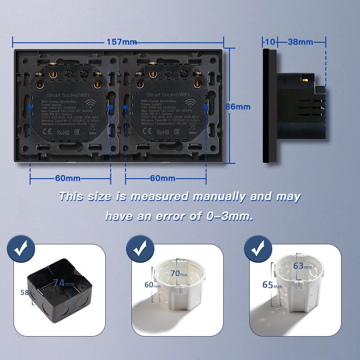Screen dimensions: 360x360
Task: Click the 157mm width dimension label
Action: pos(121,42)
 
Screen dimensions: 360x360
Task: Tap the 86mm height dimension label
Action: pos(238,107)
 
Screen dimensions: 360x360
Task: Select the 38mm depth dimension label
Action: pos(300,42)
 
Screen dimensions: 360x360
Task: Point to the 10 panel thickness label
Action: pos(270,42)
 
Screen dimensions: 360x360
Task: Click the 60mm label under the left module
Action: pos(67,178)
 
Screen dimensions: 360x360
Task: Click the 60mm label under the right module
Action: pos(163,178)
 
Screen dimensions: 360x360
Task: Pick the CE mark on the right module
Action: pos(147,132)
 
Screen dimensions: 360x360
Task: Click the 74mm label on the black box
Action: pos(61,283)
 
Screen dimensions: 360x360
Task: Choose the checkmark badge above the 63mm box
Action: pos(256,248)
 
